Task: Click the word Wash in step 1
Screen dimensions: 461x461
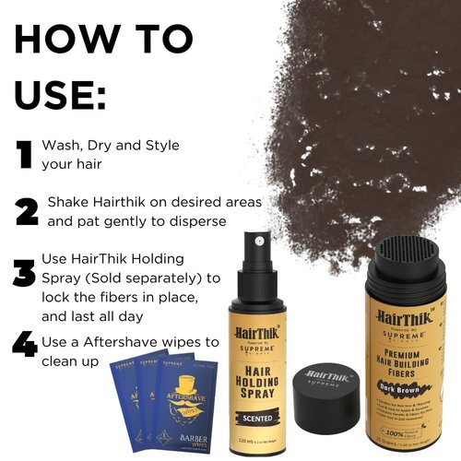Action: tap(66, 146)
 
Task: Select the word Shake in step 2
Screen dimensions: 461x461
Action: tap(70, 201)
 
